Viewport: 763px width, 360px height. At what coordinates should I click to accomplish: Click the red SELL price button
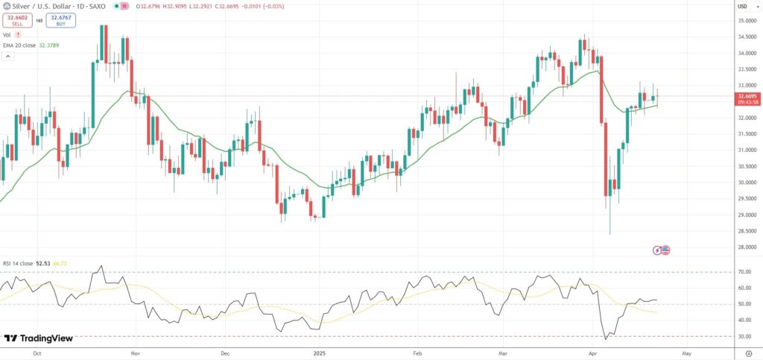pyautogui.click(x=18, y=20)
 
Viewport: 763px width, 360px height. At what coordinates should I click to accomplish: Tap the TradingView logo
pyautogui.click(x=39, y=338)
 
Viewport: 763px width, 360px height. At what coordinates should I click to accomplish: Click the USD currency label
pyautogui.click(x=742, y=7)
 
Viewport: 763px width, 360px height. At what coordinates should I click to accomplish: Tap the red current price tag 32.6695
pyautogui.click(x=747, y=97)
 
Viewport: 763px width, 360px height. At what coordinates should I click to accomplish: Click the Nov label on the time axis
pyautogui.click(x=135, y=353)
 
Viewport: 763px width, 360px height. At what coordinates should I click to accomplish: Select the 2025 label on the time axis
pyautogui.click(x=320, y=353)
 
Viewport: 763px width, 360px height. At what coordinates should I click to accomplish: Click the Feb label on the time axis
pyautogui.click(x=417, y=353)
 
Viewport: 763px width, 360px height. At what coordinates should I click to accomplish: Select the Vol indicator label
pyautogui.click(x=7, y=35)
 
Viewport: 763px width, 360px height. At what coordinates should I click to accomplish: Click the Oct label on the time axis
pyautogui.click(x=37, y=353)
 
